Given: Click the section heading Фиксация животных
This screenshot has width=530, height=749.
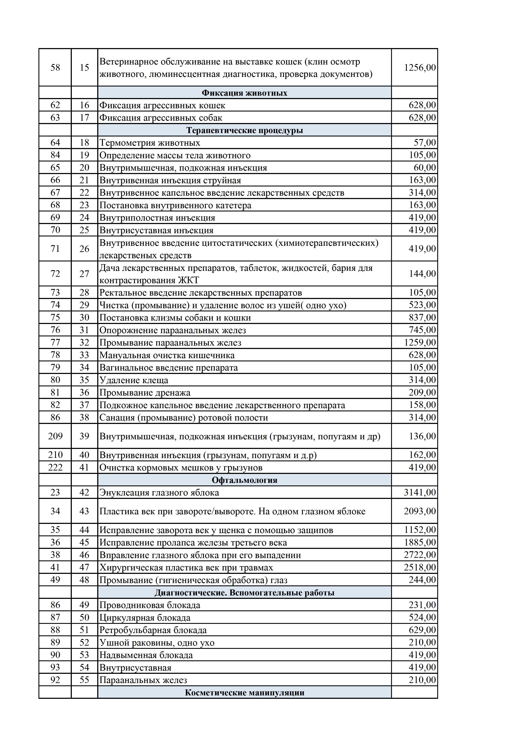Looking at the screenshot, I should pyautogui.click(x=244, y=93).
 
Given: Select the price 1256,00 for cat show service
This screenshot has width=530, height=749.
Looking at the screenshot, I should pyautogui.click(x=420, y=67).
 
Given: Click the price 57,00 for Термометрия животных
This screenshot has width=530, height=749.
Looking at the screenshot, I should pyautogui.click(x=425, y=142).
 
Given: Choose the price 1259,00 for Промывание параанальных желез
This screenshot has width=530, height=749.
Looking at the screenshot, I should pyautogui.click(x=420, y=343).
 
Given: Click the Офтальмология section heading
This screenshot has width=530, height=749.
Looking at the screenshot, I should pyautogui.click(x=244, y=480).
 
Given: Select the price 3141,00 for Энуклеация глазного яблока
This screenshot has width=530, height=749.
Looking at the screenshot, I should pyautogui.click(x=420, y=492).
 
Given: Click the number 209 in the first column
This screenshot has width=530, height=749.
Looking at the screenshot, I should pyautogui.click(x=55, y=436).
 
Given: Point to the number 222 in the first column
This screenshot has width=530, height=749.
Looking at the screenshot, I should pyautogui.click(x=55, y=468).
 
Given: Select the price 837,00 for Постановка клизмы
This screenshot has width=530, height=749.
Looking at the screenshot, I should pyautogui.click(x=422, y=317).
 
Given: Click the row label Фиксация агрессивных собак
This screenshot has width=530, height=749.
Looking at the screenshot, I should pyautogui.click(x=161, y=118).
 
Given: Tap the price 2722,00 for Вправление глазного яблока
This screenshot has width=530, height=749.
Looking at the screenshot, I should pyautogui.click(x=420, y=555).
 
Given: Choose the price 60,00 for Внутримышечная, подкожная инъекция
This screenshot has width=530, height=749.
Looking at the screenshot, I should pyautogui.click(x=425, y=168).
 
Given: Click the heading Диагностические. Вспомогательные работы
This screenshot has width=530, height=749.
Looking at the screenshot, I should pyautogui.click(x=244, y=593).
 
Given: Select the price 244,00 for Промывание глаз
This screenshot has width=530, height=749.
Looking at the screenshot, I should pyautogui.click(x=422, y=580).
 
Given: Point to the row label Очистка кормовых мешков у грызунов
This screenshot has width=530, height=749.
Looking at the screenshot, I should pyautogui.click(x=181, y=468).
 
